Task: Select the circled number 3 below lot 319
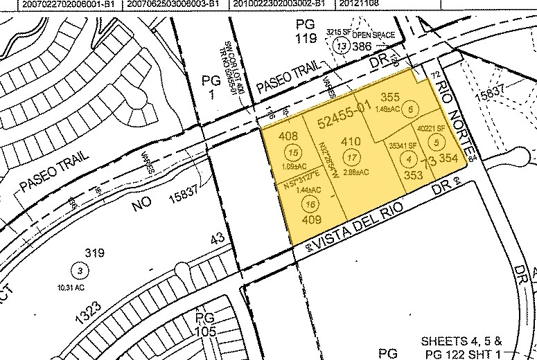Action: tap(80, 269)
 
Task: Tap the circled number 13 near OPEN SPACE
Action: tap(340, 46)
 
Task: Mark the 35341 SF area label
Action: tap(403, 145)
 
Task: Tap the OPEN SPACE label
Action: tap(374, 35)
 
